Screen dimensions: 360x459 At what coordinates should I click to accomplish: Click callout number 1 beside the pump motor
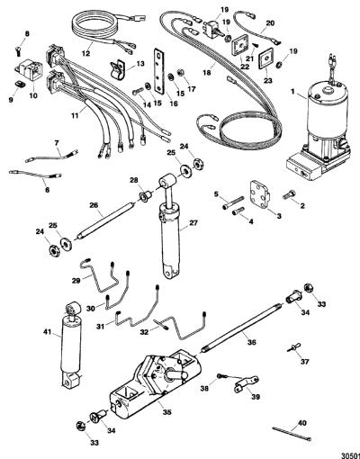(293, 92)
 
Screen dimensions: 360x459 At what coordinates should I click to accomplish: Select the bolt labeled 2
(288, 195)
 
